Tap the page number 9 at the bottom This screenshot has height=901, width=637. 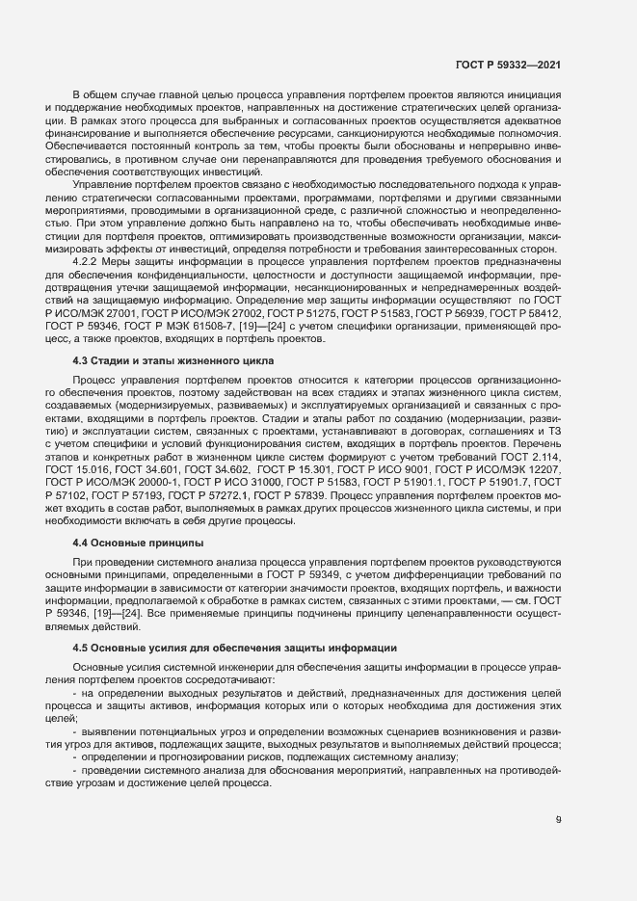pyautogui.click(x=559, y=821)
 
